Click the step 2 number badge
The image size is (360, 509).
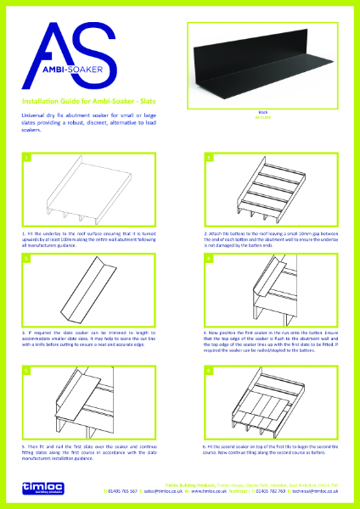point(207,158)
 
